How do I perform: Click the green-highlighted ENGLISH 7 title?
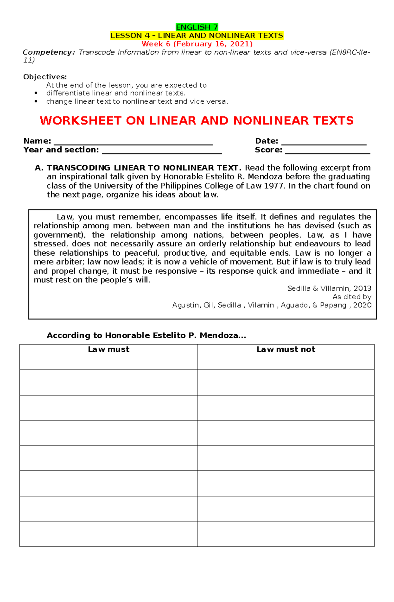point(197,27)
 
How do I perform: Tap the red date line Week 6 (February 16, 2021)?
point(197,44)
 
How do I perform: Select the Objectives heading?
point(45,77)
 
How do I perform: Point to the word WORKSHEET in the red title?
point(80,121)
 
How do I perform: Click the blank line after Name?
point(133,142)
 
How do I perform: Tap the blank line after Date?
point(324,142)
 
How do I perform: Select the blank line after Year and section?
point(162,151)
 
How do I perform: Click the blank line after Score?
point(327,151)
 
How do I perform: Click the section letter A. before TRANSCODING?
point(39,168)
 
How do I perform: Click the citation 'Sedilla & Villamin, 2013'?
point(329,288)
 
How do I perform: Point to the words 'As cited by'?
point(352,297)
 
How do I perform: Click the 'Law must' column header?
point(108,349)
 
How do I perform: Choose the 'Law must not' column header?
point(286,349)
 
